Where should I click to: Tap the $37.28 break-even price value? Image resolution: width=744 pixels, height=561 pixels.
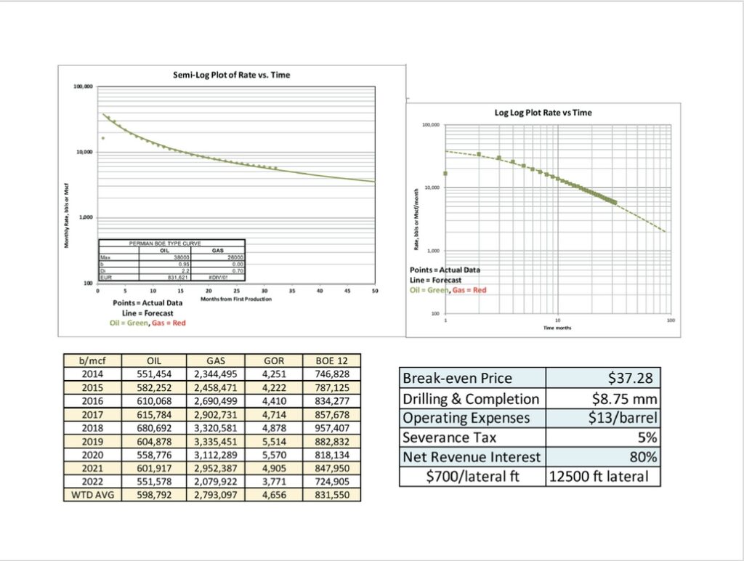630,378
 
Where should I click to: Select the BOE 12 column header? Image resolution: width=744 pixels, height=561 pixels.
331,359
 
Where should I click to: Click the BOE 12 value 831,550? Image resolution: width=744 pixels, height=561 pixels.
331,496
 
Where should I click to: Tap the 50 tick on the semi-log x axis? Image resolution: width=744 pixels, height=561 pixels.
375,291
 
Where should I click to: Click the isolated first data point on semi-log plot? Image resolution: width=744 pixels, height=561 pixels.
103,138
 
